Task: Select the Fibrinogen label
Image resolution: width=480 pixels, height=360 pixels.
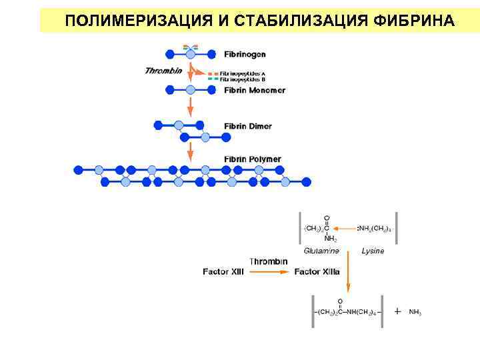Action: [x=245, y=54]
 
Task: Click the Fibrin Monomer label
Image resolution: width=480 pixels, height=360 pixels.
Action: [x=254, y=90]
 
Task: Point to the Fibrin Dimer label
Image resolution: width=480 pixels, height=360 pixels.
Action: [x=247, y=126]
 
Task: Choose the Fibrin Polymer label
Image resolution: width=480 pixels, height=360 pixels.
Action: [x=252, y=159]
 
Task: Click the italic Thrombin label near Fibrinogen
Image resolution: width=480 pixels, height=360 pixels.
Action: [x=163, y=71]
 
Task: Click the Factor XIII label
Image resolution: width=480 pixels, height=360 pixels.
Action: [x=223, y=272]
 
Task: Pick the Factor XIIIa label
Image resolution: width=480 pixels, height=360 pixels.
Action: [x=317, y=272]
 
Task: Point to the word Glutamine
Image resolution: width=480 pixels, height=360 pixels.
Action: [x=321, y=251]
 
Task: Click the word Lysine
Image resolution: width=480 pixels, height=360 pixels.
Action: [x=373, y=251]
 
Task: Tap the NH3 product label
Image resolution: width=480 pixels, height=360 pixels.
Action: [x=415, y=312]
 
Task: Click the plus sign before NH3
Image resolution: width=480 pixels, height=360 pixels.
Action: [x=397, y=311]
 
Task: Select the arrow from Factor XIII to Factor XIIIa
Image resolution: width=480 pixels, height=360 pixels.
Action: [x=269, y=272]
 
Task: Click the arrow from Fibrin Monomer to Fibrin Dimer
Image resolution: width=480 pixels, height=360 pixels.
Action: [x=190, y=106]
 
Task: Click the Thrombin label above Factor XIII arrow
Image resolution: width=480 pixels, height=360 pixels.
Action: [x=269, y=261]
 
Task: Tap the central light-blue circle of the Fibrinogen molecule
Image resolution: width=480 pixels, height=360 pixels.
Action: [x=190, y=53]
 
